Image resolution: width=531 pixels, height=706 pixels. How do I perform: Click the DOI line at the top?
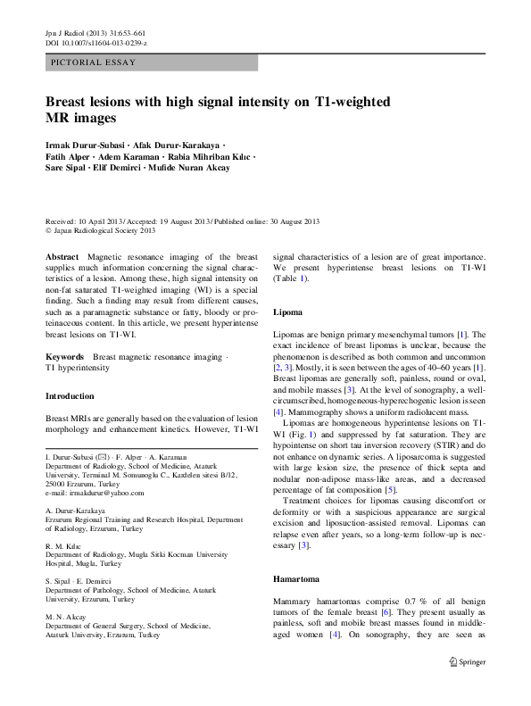click(96, 42)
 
